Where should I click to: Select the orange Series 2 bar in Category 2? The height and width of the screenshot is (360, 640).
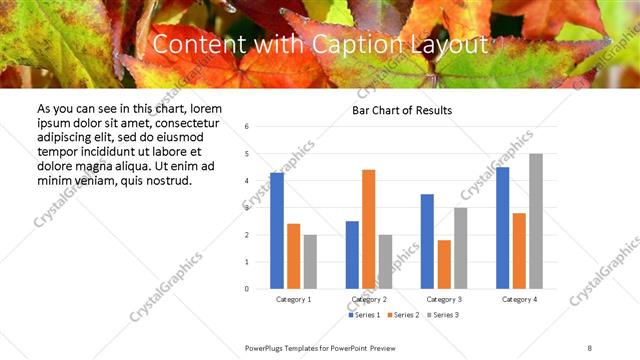pyautogui.click(x=368, y=229)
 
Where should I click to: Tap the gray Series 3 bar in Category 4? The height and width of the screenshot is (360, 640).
pyautogui.click(x=536, y=221)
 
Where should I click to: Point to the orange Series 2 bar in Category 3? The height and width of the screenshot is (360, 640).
pyautogui.click(x=444, y=264)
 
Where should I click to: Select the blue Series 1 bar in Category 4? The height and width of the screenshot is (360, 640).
pyautogui.click(x=502, y=228)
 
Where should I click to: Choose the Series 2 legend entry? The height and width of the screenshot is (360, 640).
pyautogui.click(x=403, y=315)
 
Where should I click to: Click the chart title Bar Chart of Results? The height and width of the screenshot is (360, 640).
pyautogui.click(x=402, y=110)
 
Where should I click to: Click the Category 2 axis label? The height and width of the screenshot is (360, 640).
pyautogui.click(x=368, y=299)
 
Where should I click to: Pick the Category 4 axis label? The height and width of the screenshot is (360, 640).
pyautogui.click(x=519, y=299)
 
